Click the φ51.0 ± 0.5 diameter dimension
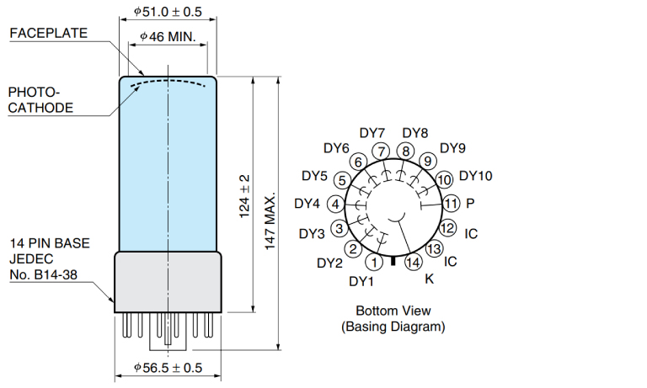point(168,12)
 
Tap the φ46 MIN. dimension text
point(168,37)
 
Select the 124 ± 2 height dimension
point(244,196)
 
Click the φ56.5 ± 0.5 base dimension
point(168,368)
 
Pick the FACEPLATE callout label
point(49,33)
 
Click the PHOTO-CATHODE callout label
point(40,100)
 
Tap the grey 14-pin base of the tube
point(168,282)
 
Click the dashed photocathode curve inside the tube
point(168,81)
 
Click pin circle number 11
point(451,204)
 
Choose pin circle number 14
point(413,263)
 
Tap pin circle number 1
point(374,263)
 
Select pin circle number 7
point(381,151)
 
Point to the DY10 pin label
point(476,176)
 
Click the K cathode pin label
point(429,279)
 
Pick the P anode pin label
point(470,203)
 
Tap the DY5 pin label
point(314,176)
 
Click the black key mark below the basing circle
point(393,261)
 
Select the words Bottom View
point(393,311)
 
